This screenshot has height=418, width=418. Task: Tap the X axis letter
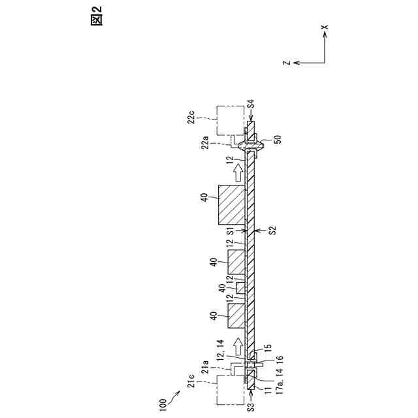[x=325, y=27]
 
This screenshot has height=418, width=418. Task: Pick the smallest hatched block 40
[x=240, y=288]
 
